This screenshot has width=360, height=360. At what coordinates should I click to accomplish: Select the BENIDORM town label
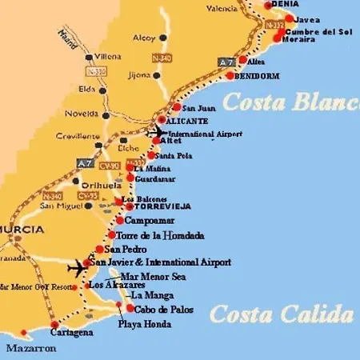click(x=258, y=76)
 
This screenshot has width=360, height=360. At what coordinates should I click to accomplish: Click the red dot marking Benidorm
click(x=230, y=76)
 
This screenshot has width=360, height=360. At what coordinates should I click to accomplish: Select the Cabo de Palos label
click(x=162, y=309)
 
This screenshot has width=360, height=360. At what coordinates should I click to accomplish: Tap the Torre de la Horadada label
click(x=160, y=236)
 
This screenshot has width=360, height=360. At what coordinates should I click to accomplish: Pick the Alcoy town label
click(x=144, y=37)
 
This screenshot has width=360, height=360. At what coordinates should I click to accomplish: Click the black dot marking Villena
click(x=88, y=58)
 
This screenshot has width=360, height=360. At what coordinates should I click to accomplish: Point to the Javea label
click(x=308, y=19)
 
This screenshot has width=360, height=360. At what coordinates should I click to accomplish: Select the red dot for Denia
click(x=269, y=4)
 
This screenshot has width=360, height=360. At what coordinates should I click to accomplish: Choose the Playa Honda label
click(x=140, y=325)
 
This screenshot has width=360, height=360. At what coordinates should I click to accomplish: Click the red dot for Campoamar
click(x=120, y=220)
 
